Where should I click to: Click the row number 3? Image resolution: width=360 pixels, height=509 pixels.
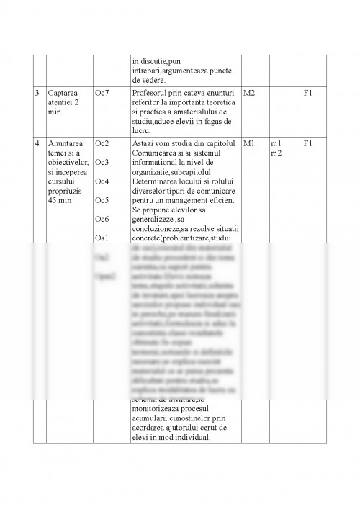[x=37, y=94]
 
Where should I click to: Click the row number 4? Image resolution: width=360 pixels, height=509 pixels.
[x=37, y=143]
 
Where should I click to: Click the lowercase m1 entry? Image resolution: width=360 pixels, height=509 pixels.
[x=276, y=143]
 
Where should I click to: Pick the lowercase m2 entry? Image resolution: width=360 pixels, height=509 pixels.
[x=276, y=153]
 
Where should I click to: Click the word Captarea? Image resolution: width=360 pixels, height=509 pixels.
[x=63, y=94]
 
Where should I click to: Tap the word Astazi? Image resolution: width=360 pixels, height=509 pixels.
[x=145, y=143]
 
